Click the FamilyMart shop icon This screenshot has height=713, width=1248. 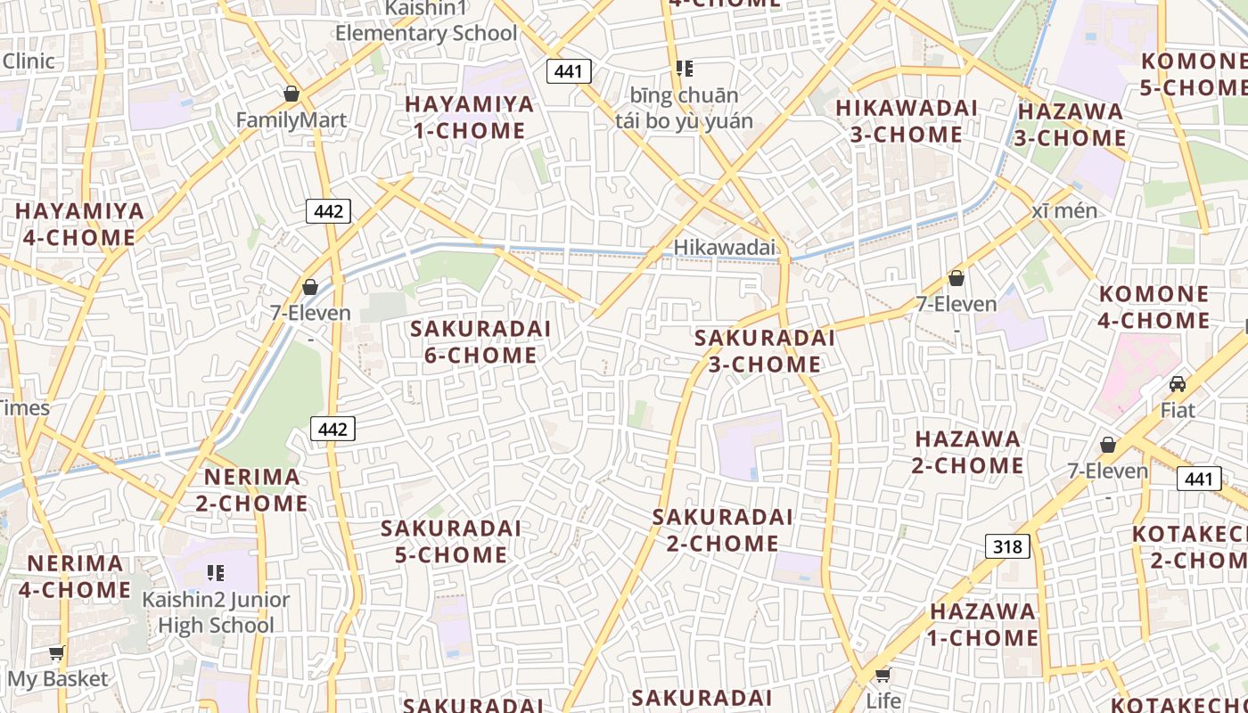coord(291,94)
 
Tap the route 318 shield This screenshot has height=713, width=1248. coord(1007,545)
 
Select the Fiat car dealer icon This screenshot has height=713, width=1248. coord(1178,384)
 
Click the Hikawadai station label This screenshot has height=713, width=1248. coord(724,248)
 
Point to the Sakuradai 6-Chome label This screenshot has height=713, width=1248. coord(480,342)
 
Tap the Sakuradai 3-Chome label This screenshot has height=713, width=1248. coord(764,351)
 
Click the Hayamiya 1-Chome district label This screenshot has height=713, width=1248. coord(470,118)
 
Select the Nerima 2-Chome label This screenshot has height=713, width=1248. coord(252,490)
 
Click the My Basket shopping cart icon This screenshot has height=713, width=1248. coord(57,653)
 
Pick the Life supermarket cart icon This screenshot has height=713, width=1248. coord(883,675)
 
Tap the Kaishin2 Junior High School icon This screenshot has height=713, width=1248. coord(215,572)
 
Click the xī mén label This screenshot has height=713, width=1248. coord(1064,211)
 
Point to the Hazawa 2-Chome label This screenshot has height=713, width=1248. coord(967,452)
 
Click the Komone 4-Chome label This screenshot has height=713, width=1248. coord(1154,307)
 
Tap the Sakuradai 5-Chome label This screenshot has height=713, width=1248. coord(451,541)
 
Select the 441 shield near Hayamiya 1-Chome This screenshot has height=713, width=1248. coord(569,71)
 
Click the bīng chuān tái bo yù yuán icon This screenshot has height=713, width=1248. coord(684,69)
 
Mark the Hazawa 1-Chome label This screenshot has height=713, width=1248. coord(983,625)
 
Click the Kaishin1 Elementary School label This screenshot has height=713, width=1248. coord(426,21)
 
